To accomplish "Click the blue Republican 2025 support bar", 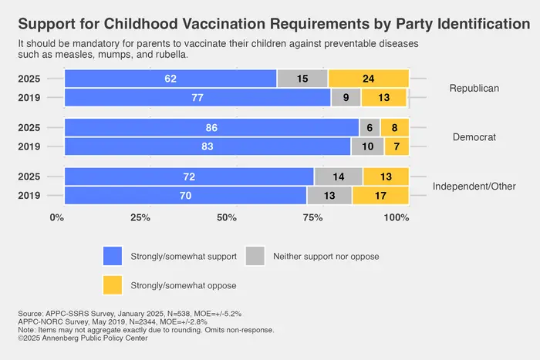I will (170, 79).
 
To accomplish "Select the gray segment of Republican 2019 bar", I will (346, 98).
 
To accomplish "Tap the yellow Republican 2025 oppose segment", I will (368, 79).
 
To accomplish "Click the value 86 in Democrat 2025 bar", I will (211, 128).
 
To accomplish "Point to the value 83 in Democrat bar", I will (207, 147).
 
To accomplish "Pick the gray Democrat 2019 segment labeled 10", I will (367, 147).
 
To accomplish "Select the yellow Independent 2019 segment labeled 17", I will (380, 196).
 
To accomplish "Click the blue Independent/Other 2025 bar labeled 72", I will (188, 177).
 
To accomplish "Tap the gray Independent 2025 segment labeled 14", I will (338, 177).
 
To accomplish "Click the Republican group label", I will (474, 88).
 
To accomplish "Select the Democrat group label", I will (474, 137).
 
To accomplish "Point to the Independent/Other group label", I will (474, 187).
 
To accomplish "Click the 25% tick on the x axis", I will (140, 217).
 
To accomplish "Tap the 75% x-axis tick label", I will (312, 217).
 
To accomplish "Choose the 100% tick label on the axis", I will (396, 217).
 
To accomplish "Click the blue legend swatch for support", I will (113, 255).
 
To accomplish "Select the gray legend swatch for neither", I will (255, 255).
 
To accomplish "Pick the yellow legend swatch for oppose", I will (113, 284).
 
